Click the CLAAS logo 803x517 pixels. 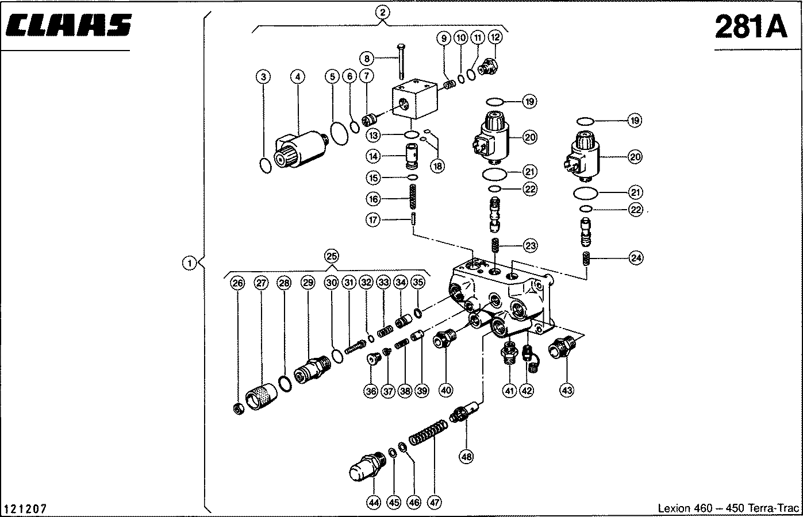69,25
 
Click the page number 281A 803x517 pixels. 751,27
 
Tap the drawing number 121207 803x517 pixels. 25,509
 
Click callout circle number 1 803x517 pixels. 190,263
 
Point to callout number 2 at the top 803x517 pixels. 382,13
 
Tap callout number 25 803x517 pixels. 332,256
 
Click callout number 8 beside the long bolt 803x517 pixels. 366,59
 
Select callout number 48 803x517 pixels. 466,457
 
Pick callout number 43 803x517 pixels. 567,390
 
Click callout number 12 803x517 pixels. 495,37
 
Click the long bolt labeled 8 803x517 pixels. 401,61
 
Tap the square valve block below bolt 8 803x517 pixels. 415,99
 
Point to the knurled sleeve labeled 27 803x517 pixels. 261,396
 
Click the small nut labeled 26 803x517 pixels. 239,409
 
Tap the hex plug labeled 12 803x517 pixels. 488,67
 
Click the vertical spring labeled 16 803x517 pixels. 413,196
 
